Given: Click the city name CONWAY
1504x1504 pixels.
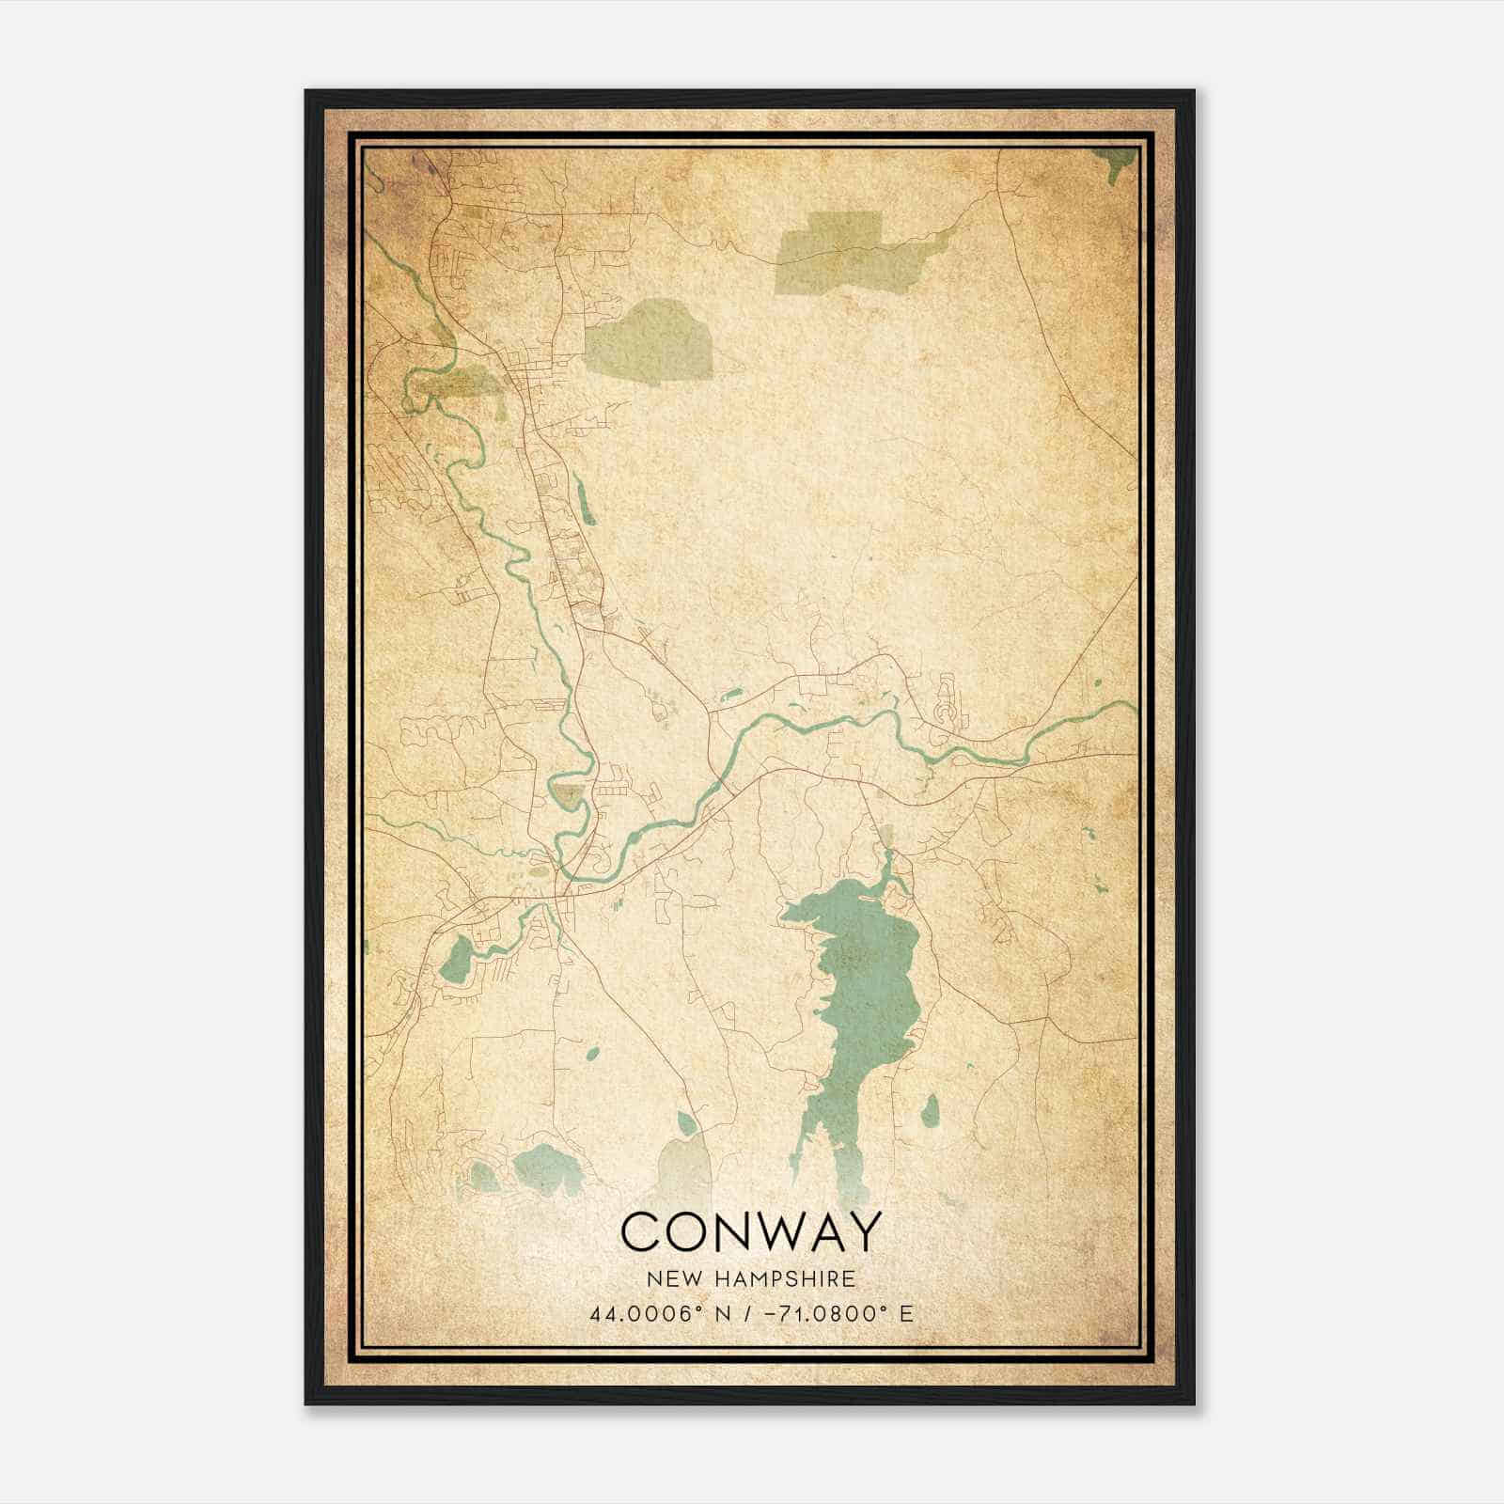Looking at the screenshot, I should pyautogui.click(x=751, y=1231).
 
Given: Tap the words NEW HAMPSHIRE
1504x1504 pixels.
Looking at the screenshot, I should pyautogui.click(x=751, y=1279).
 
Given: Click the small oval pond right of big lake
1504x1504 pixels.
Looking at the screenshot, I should pyautogui.click(x=930, y=1110).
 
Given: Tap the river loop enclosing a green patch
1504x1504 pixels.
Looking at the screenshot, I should pyautogui.click(x=569, y=794).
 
